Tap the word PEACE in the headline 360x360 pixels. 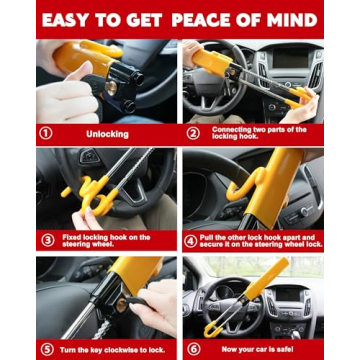(222, 18)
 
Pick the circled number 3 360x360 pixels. (45, 240)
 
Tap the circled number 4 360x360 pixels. (192, 240)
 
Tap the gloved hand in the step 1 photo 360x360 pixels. (65, 100)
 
